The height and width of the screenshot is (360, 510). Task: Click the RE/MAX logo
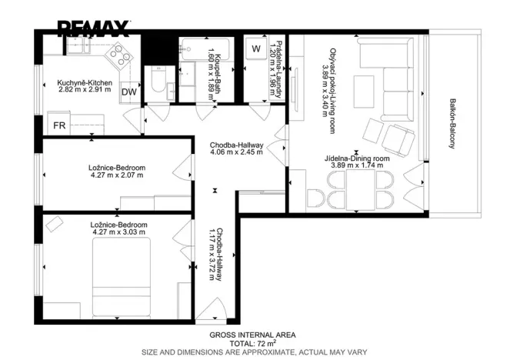click(94, 28)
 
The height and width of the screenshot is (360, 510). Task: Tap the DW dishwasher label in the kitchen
click(129, 92)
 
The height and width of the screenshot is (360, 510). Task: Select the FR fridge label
click(59, 125)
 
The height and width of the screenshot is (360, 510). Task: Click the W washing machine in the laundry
click(256, 48)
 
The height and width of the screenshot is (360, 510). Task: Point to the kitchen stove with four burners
click(118, 56)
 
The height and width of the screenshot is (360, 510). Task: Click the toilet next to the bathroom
click(158, 80)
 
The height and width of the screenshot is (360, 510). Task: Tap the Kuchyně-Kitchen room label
click(85, 83)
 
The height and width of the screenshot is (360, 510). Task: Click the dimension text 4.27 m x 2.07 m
click(117, 175)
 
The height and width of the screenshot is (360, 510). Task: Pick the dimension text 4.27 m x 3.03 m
click(119, 232)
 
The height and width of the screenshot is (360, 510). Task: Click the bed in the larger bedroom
click(122, 277)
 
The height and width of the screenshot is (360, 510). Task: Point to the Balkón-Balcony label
click(452, 124)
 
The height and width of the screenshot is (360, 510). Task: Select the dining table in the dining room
click(361, 190)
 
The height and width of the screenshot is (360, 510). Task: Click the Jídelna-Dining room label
click(357, 158)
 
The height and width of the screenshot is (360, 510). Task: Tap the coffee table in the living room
click(364, 92)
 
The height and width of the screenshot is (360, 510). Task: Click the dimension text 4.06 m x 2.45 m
click(236, 152)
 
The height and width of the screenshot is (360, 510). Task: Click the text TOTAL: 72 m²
click(253, 343)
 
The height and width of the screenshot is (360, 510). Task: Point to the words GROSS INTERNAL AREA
click(252, 335)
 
